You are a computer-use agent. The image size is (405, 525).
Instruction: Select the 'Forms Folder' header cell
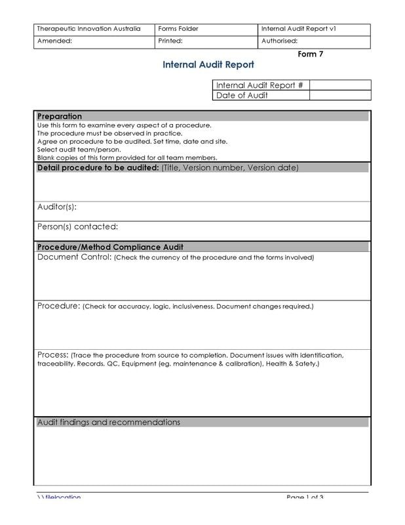click(x=178, y=29)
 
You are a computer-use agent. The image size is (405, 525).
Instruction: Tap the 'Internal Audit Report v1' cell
click(x=298, y=29)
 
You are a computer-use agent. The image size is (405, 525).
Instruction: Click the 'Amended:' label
click(x=54, y=41)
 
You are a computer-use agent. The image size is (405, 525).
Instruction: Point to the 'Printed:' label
click(x=170, y=41)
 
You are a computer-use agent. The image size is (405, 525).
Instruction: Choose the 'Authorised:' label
click(x=279, y=41)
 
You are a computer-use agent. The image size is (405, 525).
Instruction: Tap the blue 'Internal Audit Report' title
click(x=208, y=65)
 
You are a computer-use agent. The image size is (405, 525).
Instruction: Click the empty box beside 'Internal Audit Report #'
click(x=339, y=85)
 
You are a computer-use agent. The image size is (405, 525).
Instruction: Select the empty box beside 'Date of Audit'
click(x=339, y=95)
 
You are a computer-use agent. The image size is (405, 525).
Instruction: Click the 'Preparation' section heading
click(x=60, y=116)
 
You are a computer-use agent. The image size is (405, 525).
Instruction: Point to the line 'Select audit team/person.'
click(x=79, y=150)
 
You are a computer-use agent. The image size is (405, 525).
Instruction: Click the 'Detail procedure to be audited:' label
click(x=98, y=167)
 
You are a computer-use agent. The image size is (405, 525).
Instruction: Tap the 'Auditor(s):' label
click(x=57, y=207)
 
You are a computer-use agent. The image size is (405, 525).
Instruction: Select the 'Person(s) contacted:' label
click(x=77, y=227)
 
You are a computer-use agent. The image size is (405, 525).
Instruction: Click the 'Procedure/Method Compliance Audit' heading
click(x=110, y=247)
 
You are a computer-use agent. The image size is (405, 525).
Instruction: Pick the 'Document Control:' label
click(x=75, y=257)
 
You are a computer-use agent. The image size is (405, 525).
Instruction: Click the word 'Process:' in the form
click(x=52, y=355)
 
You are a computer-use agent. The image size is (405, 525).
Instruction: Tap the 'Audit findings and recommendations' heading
click(x=109, y=423)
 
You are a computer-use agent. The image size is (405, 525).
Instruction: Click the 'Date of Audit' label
click(x=242, y=95)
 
